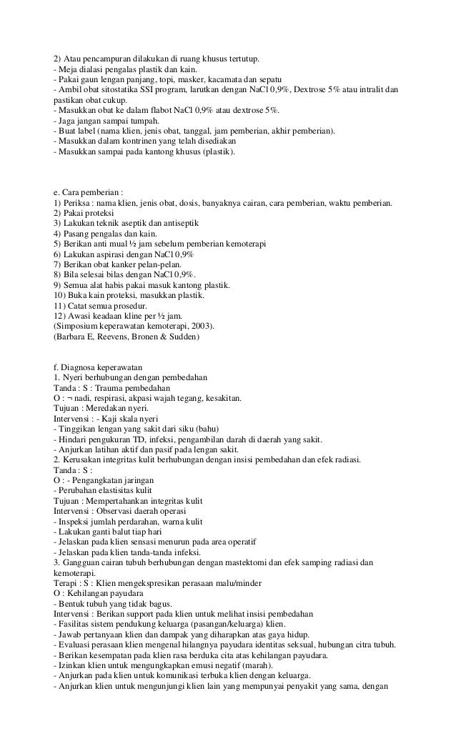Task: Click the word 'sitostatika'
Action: [x=108, y=89]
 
